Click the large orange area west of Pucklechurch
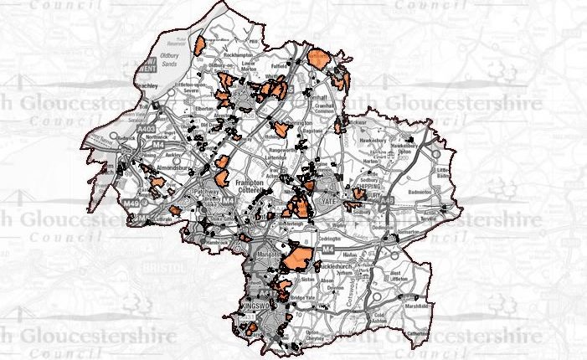click(297, 256)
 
